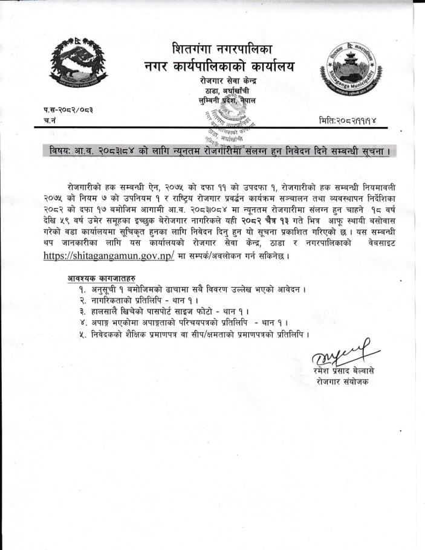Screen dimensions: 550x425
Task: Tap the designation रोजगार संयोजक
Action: click(342, 381)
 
